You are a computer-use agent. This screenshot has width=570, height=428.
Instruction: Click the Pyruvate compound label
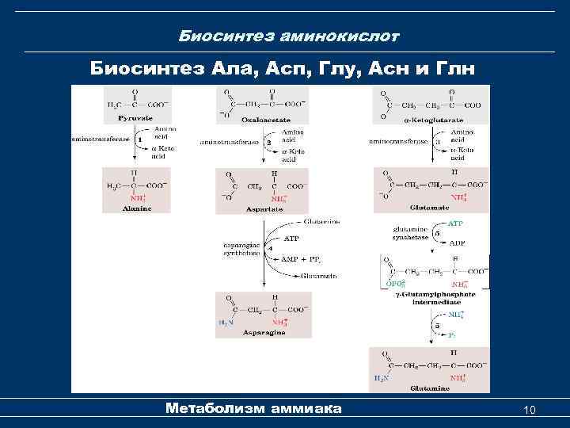pos(135,118)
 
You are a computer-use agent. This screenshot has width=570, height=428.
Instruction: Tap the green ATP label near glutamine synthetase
pos(456,224)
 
